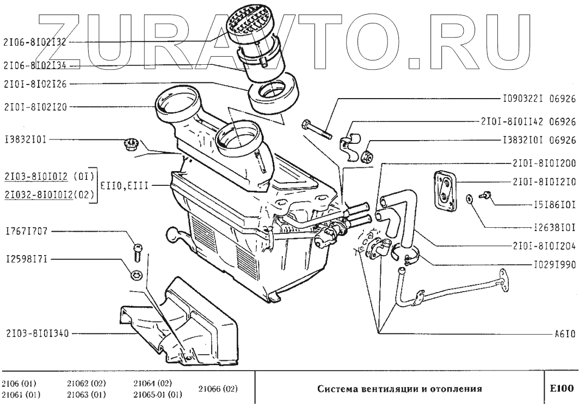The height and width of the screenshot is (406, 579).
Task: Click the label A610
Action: [x=565, y=333]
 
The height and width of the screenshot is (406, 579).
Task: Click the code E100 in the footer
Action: [x=562, y=389]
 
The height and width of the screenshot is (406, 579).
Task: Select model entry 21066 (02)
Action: [x=217, y=389]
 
